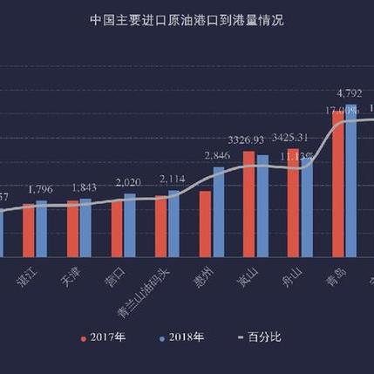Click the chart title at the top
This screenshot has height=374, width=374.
coord(187,19)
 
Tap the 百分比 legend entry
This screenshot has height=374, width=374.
coord(261,336)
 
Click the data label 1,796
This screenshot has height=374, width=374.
coord(41,189)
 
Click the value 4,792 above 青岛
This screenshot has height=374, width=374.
coord(349,93)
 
